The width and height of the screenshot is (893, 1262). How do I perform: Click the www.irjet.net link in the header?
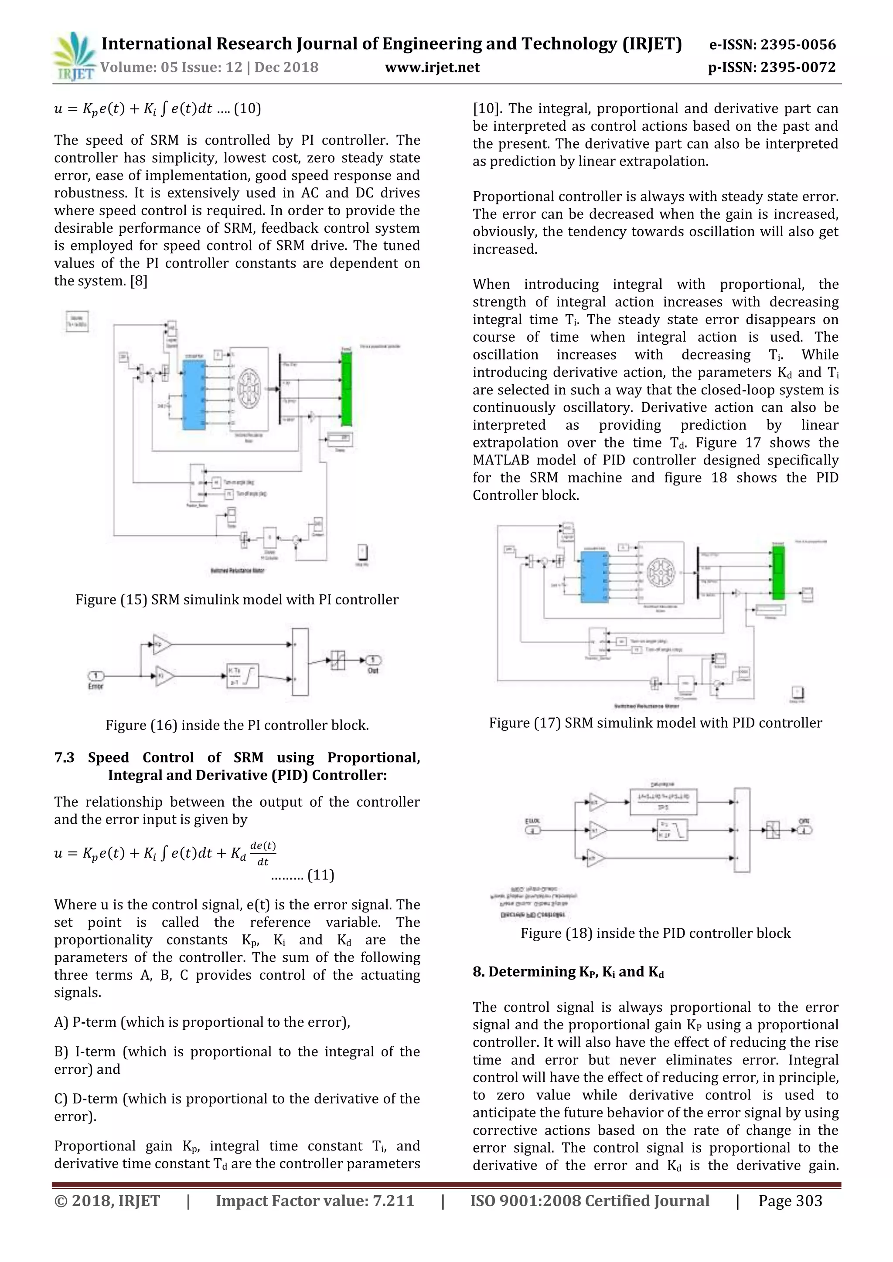[432, 68]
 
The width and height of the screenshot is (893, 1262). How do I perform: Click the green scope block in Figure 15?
[346, 388]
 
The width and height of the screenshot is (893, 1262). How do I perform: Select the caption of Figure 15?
[236, 600]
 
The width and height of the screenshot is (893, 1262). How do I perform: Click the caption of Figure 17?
[655, 723]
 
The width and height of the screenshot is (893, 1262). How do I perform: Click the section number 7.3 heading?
[65, 757]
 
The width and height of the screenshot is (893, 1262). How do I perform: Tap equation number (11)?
[320, 875]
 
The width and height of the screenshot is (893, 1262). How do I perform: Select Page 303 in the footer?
[790, 1201]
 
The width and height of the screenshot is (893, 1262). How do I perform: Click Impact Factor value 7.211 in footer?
[314, 1201]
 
